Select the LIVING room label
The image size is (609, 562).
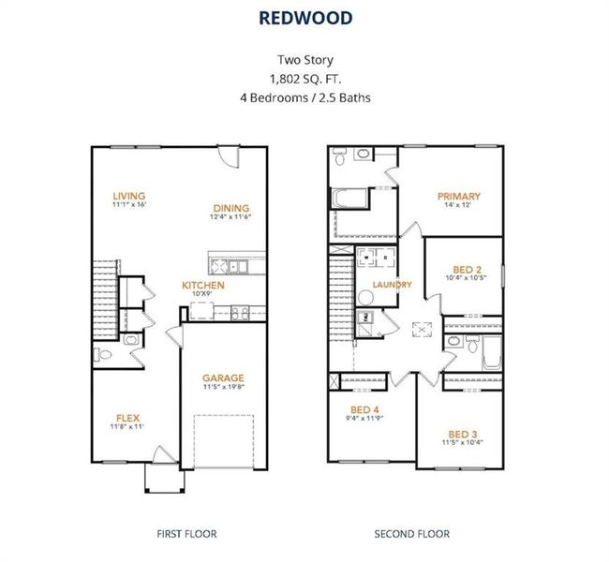(129, 196)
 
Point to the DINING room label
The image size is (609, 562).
(230, 208)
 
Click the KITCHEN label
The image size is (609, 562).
(203, 285)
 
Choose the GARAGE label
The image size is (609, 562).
(223, 378)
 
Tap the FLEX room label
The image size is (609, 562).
(128, 418)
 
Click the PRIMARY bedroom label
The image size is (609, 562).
(459, 196)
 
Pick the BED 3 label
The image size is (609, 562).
(463, 434)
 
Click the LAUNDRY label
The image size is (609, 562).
(392, 285)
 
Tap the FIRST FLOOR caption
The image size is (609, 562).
(186, 534)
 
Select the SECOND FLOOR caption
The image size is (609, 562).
(412, 534)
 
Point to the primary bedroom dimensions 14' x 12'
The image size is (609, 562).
(459, 205)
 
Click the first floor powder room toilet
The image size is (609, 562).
(105, 354)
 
